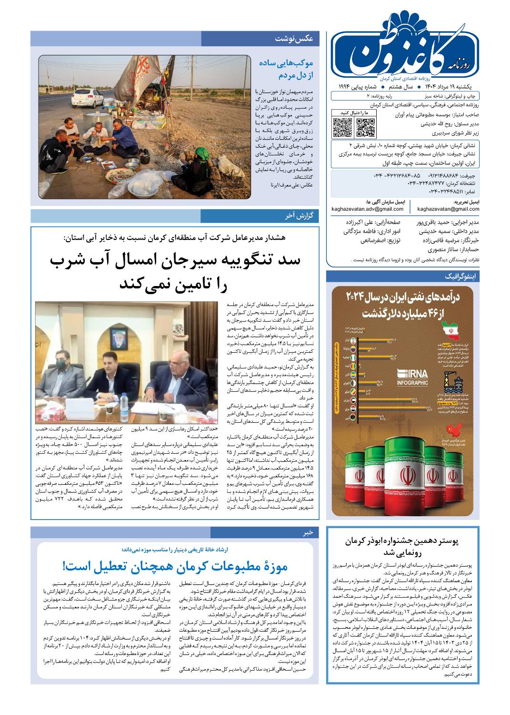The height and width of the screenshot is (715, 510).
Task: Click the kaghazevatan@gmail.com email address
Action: tap(448, 209)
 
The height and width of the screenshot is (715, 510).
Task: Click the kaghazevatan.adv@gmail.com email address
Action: tap(362, 209)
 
